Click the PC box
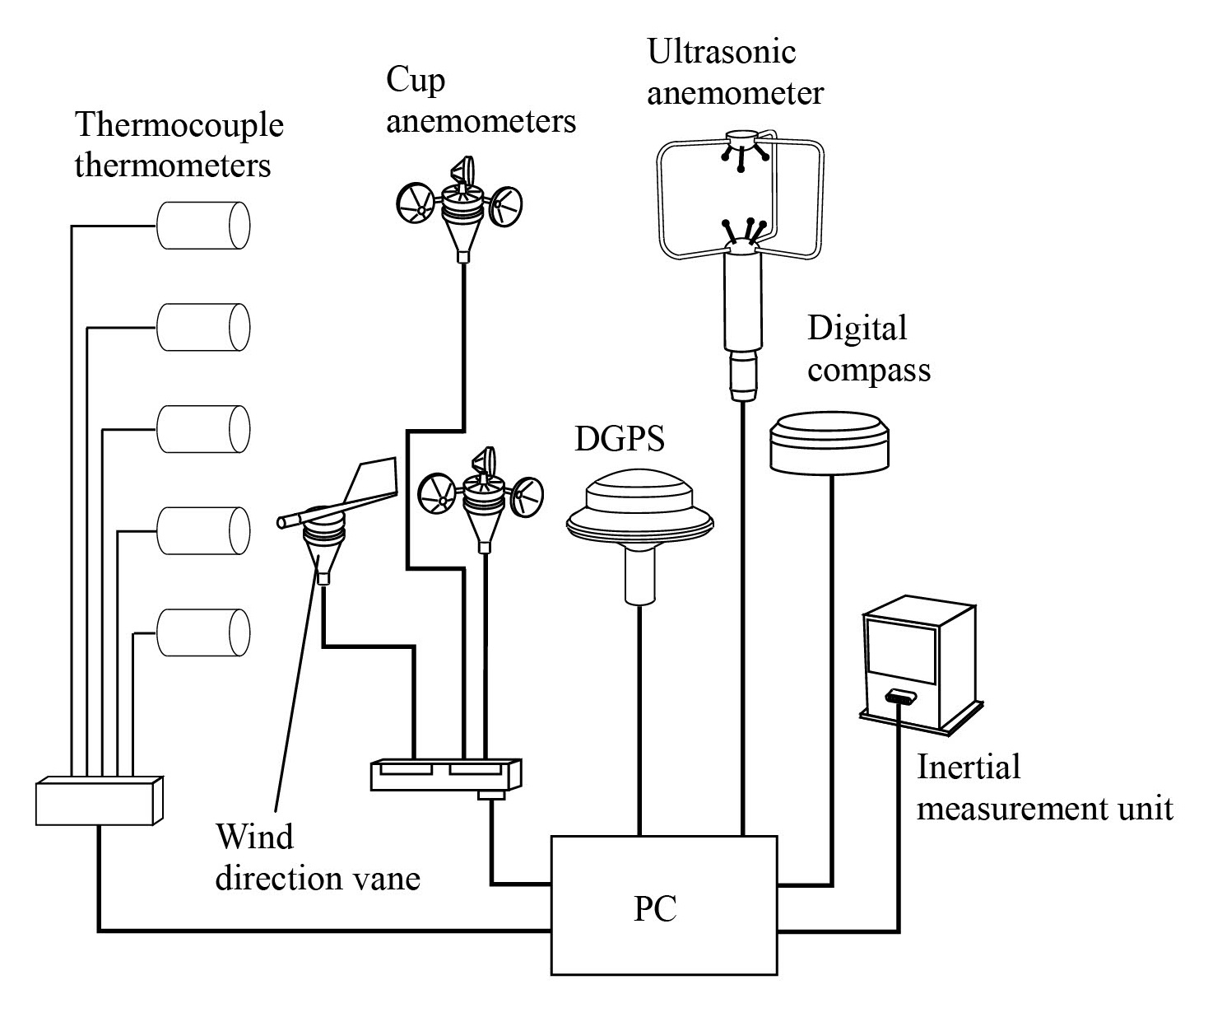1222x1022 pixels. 663,905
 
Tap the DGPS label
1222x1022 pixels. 619,439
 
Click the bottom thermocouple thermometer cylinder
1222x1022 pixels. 202,632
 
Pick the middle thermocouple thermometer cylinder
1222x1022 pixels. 202,428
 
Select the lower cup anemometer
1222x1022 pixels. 481,498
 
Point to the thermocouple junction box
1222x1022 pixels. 99,800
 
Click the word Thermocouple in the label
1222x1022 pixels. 179,125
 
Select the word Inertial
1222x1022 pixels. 969,767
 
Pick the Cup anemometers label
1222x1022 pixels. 481,100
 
